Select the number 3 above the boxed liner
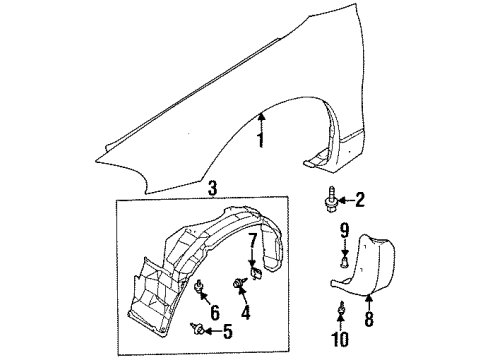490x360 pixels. [211, 187]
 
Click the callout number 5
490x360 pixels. [226, 331]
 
